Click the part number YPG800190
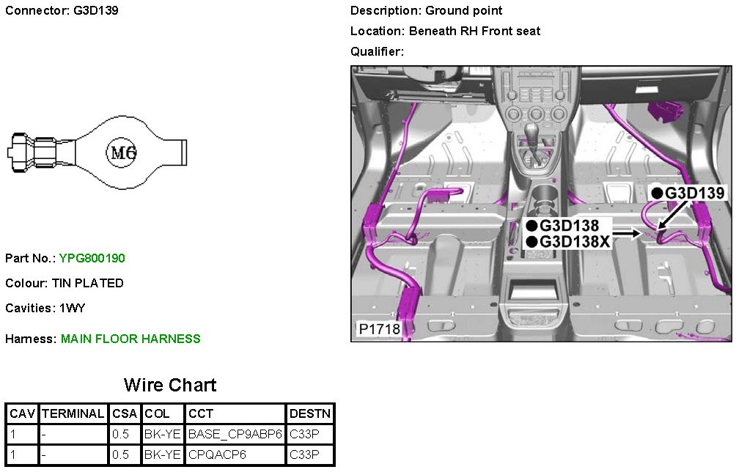point(92,258)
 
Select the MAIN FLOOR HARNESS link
point(130,339)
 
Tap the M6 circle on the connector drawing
point(122,152)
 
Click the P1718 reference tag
point(379,328)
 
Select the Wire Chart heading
point(170,385)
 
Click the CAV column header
point(22,413)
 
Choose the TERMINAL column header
point(73,413)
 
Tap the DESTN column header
point(310,413)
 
